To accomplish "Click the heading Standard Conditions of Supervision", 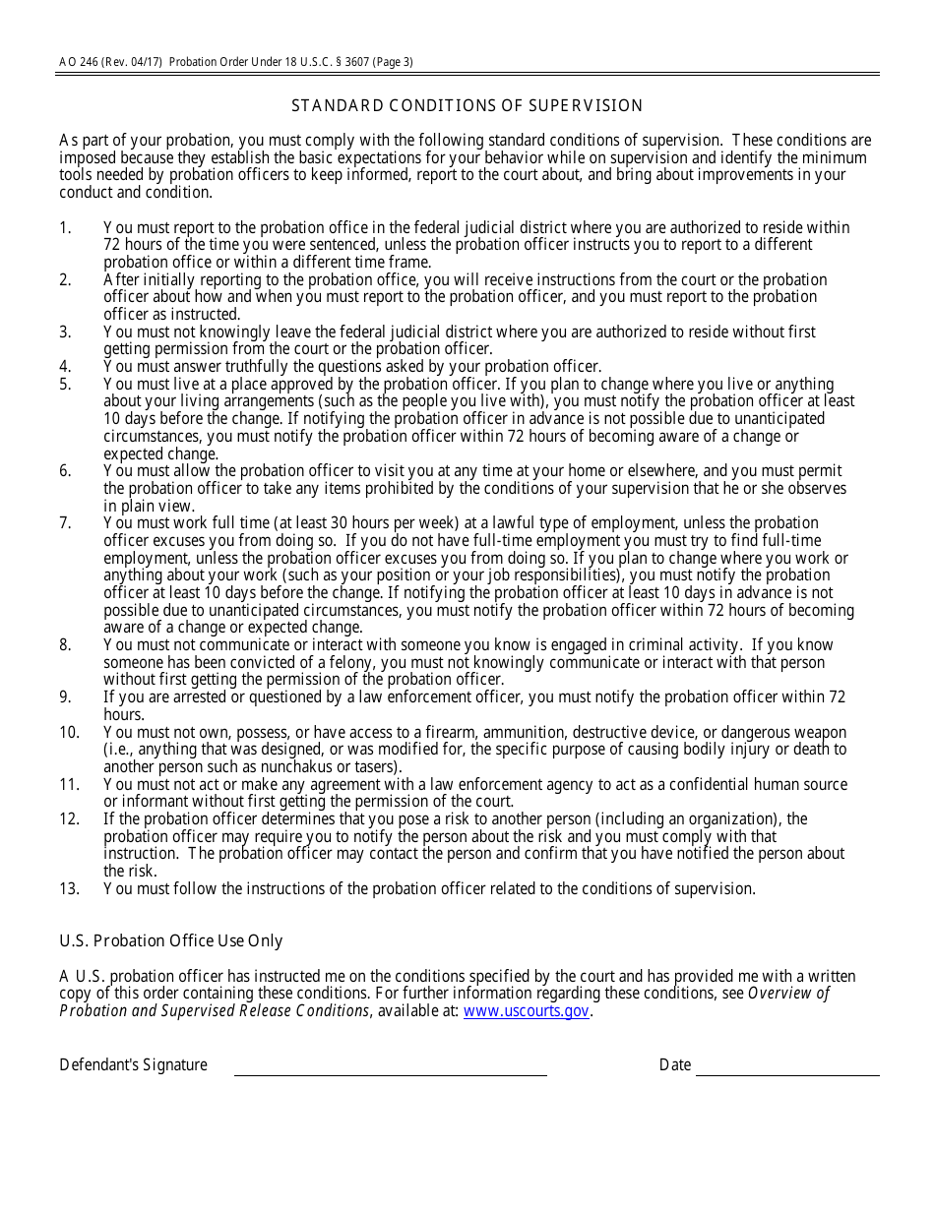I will click(467, 105).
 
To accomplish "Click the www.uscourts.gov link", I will click(526, 1010).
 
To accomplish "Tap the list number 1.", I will click(65, 227).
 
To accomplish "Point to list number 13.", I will click(69, 888).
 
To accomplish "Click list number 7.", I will click(65, 522).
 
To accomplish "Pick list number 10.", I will click(69, 732).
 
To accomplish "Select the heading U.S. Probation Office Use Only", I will click(171, 940).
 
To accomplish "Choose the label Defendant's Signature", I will click(133, 1064).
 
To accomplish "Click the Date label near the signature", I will click(675, 1064).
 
